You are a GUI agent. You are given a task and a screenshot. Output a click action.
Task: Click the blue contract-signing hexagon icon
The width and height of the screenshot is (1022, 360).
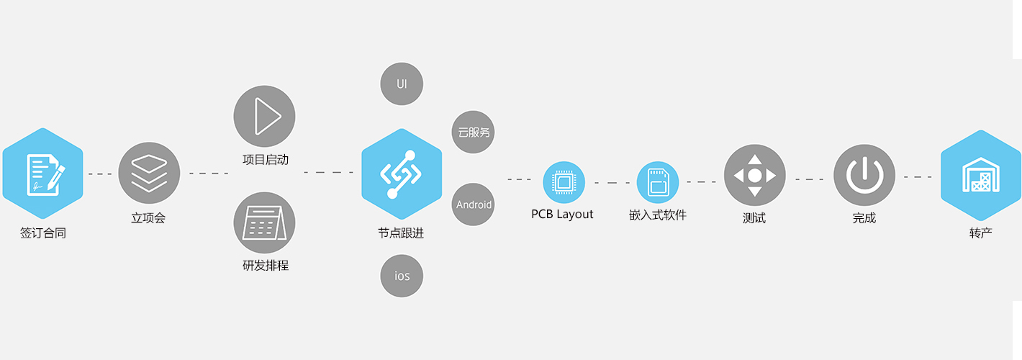pyautogui.click(x=43, y=174)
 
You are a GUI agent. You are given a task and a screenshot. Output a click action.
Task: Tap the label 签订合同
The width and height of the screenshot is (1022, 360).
pyautogui.click(x=43, y=233)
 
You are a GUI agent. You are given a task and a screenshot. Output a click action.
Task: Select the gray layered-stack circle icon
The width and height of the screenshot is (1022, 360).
pyautogui.click(x=149, y=173)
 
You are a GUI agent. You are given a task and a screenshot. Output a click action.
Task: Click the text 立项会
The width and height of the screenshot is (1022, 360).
pyautogui.click(x=148, y=218)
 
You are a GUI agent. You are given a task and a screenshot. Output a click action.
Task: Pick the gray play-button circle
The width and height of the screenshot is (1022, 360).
pyautogui.click(x=264, y=116)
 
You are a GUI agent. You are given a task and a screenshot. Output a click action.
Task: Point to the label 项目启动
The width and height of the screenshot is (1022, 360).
pyautogui.click(x=265, y=160)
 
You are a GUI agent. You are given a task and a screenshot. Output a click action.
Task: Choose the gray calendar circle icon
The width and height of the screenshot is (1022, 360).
pyautogui.click(x=264, y=222)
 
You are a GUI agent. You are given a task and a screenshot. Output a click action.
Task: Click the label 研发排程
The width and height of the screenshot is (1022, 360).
pyautogui.click(x=265, y=266)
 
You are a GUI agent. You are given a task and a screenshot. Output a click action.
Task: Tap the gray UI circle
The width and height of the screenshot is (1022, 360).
pyautogui.click(x=402, y=84)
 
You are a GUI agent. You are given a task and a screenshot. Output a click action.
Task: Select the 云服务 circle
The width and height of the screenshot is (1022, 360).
pyautogui.click(x=474, y=132)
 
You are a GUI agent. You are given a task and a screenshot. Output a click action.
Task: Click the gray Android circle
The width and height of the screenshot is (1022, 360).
pyautogui.click(x=474, y=204)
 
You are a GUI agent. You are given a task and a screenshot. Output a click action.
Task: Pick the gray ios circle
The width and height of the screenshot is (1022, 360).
pyautogui.click(x=402, y=276)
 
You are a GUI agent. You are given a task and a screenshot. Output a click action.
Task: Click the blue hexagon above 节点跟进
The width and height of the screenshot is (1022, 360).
pyautogui.click(x=401, y=174)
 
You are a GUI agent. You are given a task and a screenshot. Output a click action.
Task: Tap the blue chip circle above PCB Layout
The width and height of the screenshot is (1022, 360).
pyautogui.click(x=564, y=182)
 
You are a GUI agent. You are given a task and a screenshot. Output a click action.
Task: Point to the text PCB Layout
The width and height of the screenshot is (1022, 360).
pyautogui.click(x=562, y=214)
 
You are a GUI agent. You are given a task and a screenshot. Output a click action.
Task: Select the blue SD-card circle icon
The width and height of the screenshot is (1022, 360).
pyautogui.click(x=658, y=182)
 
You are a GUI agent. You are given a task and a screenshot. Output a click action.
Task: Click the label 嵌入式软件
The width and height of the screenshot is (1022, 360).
pyautogui.click(x=658, y=214)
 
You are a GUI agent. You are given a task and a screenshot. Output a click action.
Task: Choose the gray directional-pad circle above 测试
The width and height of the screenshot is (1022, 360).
pyautogui.click(x=754, y=175)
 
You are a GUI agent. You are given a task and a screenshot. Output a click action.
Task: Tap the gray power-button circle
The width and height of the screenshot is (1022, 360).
pyautogui.click(x=864, y=175)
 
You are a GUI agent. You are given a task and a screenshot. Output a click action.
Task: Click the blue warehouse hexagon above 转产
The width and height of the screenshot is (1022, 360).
pyautogui.click(x=980, y=175)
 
